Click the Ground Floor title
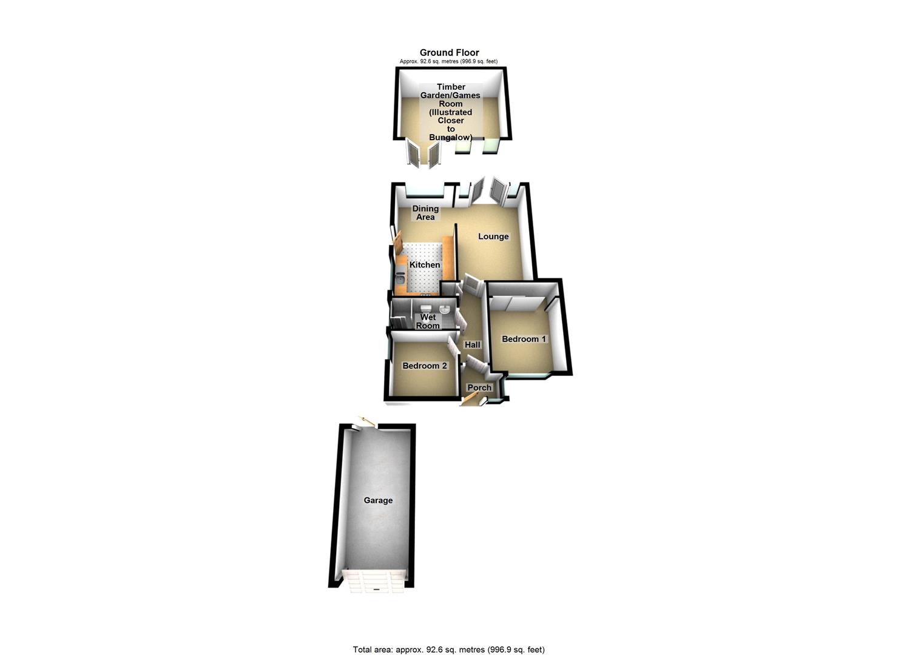click(x=449, y=53)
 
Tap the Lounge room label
click(x=493, y=237)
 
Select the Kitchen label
click(x=425, y=265)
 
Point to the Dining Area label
click(x=425, y=213)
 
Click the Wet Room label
click(x=428, y=321)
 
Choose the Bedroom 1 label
click(x=524, y=339)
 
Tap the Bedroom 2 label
click(x=425, y=366)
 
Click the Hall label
click(x=472, y=344)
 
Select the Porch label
click(x=479, y=388)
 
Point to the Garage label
click(x=378, y=500)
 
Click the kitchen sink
click(x=400, y=280)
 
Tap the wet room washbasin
click(x=445, y=309)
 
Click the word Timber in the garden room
click(x=451, y=87)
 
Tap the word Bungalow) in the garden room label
click(x=450, y=138)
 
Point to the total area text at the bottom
click(x=448, y=650)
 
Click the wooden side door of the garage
click(x=366, y=420)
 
